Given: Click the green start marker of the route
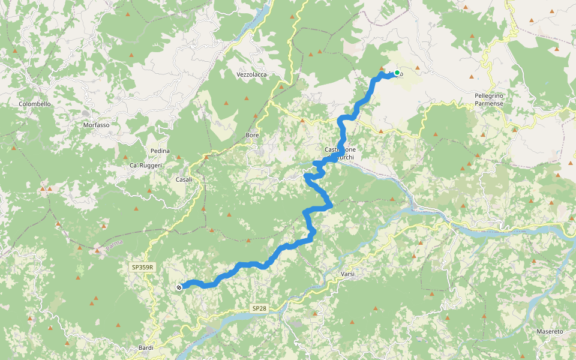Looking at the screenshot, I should coord(397,73).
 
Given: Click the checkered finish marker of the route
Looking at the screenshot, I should coord(179,287).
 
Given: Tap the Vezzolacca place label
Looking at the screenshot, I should coord(251,74).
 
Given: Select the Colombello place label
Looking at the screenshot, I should coord(35,104).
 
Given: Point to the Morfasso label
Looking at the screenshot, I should coord(97,125).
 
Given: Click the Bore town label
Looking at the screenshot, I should coord(253,136).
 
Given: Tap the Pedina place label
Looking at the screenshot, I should coord(160,151).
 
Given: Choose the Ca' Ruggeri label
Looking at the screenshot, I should coord(146,165).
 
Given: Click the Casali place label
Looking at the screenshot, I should coord(184,179).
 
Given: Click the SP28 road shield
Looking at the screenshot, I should coord(259,308).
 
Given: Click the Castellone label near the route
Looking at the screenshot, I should coord(340,149).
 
